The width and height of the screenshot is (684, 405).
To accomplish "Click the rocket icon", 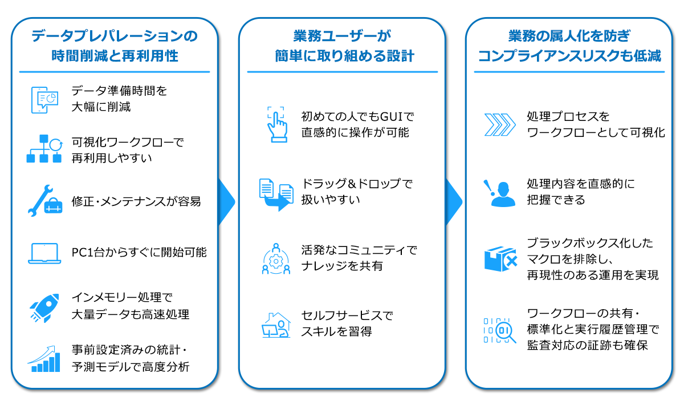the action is coord(44,308).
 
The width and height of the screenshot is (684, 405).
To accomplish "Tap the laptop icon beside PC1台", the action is coord(44,253).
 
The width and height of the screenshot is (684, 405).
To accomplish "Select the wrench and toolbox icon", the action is coord(44,201).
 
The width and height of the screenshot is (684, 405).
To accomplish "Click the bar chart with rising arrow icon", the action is coord(44,359).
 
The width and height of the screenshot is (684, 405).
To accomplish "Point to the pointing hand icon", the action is coord(277,125).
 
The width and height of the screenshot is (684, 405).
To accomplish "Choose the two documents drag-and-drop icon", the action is coord(276,195).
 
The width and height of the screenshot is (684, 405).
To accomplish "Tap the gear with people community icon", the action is coord(276,259).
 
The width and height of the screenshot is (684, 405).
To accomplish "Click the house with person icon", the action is coord(276,325).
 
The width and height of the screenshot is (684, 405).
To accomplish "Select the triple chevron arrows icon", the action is coord(500,125).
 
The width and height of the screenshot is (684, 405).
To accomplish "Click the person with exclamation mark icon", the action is coord(499,193).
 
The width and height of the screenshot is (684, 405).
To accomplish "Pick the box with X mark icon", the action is coord(500,259).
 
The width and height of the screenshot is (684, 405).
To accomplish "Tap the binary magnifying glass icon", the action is coord(500,331).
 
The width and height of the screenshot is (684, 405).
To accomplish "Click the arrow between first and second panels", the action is coord(227,202).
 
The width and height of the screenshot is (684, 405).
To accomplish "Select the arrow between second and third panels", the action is coord(454,202).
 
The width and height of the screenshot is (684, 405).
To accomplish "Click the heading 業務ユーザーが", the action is coord(342,36).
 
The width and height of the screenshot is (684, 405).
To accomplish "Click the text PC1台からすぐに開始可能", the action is coord(139,253).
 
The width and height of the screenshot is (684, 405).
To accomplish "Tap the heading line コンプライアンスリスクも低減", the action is coord(569,56).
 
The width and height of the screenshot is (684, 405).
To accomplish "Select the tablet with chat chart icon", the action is coord(44,100).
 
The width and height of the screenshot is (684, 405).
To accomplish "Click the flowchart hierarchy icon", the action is coord(44,148).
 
